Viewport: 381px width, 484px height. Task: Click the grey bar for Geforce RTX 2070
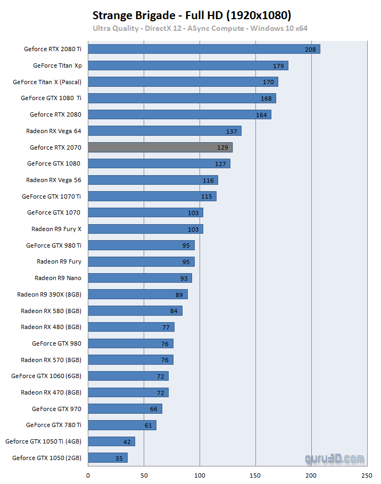(x=160, y=147)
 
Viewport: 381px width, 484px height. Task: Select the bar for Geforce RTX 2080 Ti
(x=204, y=50)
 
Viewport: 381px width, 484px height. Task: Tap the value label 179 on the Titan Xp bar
(x=278, y=66)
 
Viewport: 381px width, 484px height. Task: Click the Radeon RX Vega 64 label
(x=53, y=130)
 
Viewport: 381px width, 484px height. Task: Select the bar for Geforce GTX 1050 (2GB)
(x=107, y=458)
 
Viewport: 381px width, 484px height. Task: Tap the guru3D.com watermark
(x=335, y=458)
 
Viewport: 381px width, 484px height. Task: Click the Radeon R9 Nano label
(x=57, y=278)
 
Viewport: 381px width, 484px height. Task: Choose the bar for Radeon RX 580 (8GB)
(x=135, y=310)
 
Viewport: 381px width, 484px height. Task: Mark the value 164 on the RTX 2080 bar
(x=261, y=115)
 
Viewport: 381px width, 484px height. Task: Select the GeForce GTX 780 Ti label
(x=53, y=425)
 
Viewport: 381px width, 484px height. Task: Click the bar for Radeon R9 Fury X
(x=145, y=229)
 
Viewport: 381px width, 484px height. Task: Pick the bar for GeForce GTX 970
(x=125, y=409)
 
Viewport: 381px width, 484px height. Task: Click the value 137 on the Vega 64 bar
(x=231, y=132)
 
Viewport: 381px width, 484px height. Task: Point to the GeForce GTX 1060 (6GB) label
(x=46, y=376)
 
